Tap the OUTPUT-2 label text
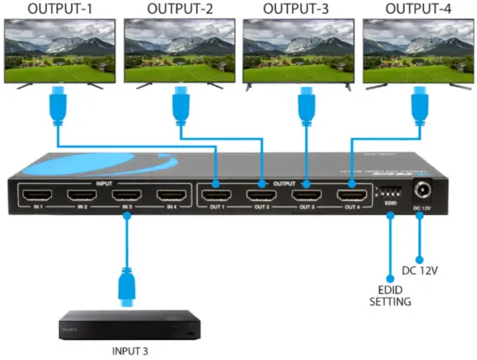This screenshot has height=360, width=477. click(x=180, y=10)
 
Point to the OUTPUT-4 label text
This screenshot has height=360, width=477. click(x=418, y=10)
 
